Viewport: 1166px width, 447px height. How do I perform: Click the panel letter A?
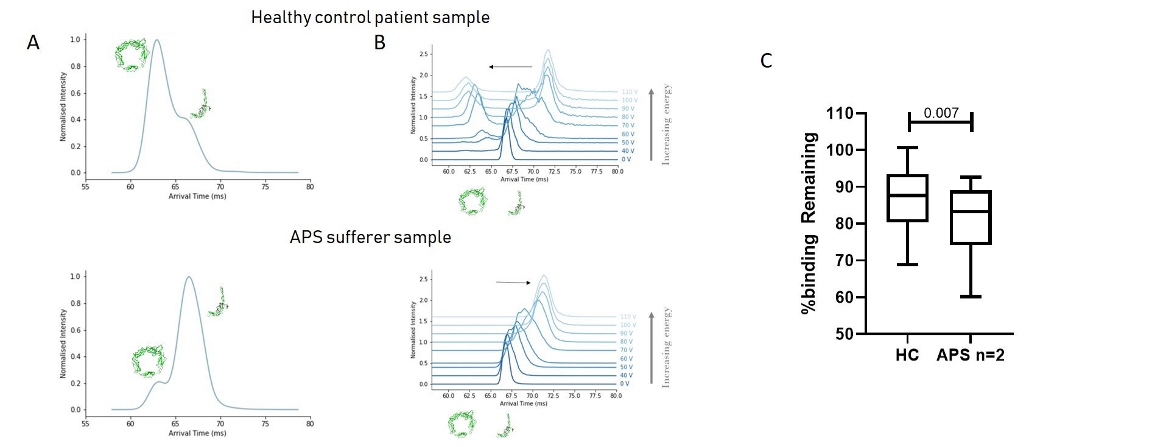pyautogui.click(x=33, y=43)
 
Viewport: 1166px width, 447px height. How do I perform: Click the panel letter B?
pyautogui.click(x=379, y=43)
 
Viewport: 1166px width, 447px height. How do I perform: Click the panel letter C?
pyautogui.click(x=766, y=61)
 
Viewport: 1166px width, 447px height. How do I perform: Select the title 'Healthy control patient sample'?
pyautogui.click(x=370, y=17)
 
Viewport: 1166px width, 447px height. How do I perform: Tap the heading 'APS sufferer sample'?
pyautogui.click(x=370, y=237)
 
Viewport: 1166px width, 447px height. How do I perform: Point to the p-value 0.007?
pyautogui.click(x=941, y=113)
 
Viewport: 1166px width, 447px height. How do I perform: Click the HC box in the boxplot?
pyautogui.click(x=907, y=198)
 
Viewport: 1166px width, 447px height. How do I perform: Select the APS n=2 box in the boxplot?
pyautogui.click(x=971, y=217)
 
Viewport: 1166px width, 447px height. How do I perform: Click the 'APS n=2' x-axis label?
pyautogui.click(x=970, y=355)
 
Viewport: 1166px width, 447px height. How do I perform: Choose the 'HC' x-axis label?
pyautogui.click(x=907, y=355)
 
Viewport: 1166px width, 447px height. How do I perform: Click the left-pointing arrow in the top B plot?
pyautogui.click(x=510, y=67)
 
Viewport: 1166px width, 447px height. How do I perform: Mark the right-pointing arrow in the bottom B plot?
pyautogui.click(x=513, y=282)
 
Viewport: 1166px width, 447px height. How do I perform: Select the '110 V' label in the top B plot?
pyautogui.click(x=628, y=92)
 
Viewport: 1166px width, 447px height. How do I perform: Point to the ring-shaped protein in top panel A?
pyautogui.click(x=132, y=55)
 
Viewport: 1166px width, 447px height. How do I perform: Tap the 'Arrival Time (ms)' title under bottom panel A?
pyautogui.click(x=197, y=433)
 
